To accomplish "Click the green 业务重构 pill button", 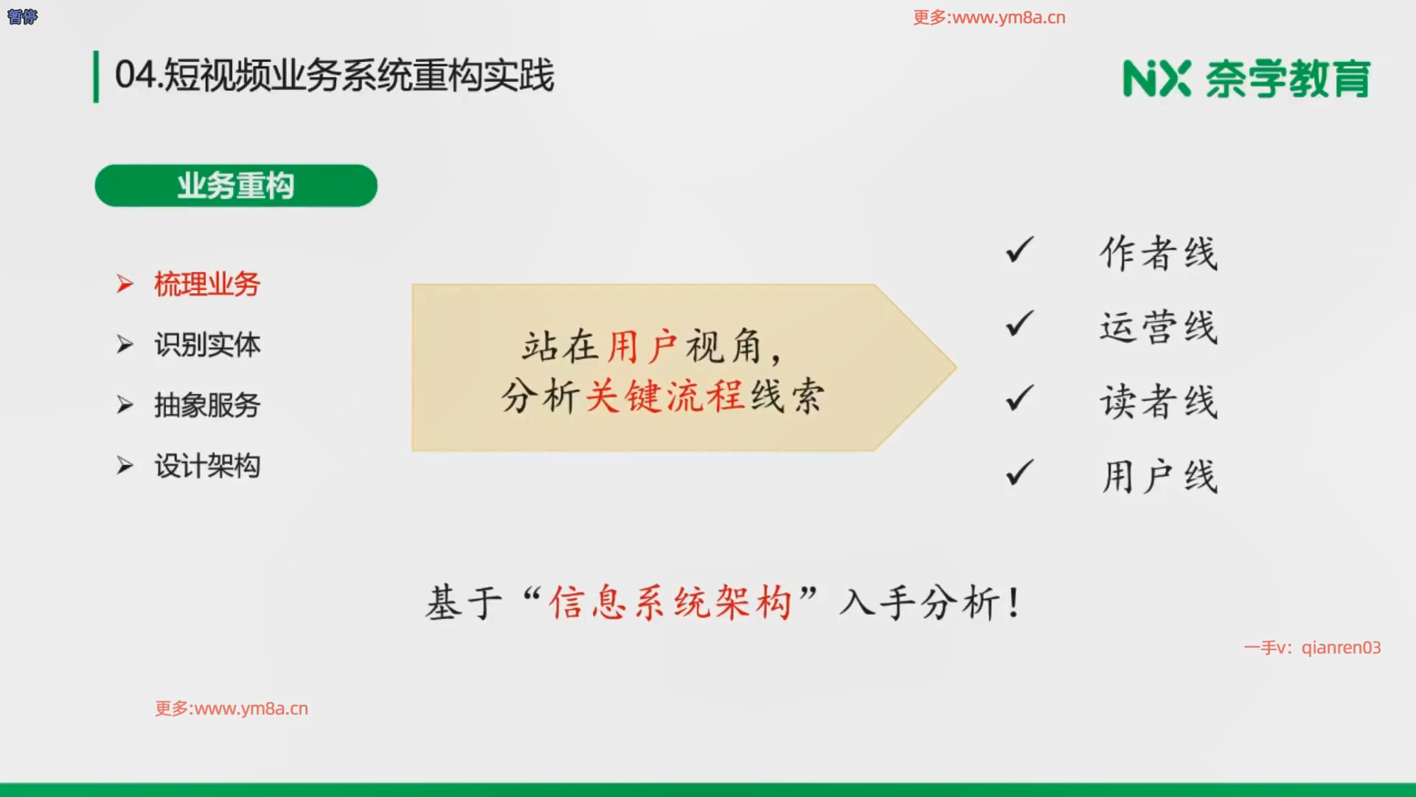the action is [236, 185].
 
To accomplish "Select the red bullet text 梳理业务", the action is [207, 284].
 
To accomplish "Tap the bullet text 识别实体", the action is [207, 345].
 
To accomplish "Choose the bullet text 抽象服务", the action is [207, 405].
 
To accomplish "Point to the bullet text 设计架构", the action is [207, 466].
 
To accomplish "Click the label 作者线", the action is [1159, 253].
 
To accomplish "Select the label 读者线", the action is [1159, 402].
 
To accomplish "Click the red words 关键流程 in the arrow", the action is [664, 396].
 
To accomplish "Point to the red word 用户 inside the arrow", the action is [642, 346].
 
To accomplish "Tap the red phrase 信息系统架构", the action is [670, 602].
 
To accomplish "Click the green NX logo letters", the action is [1156, 78].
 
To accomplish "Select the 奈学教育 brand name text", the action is [1288, 79].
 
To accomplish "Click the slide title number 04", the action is [136, 75].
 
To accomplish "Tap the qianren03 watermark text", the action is [1341, 648].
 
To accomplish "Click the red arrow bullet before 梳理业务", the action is [125, 284].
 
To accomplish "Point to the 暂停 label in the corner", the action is [22, 16].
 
